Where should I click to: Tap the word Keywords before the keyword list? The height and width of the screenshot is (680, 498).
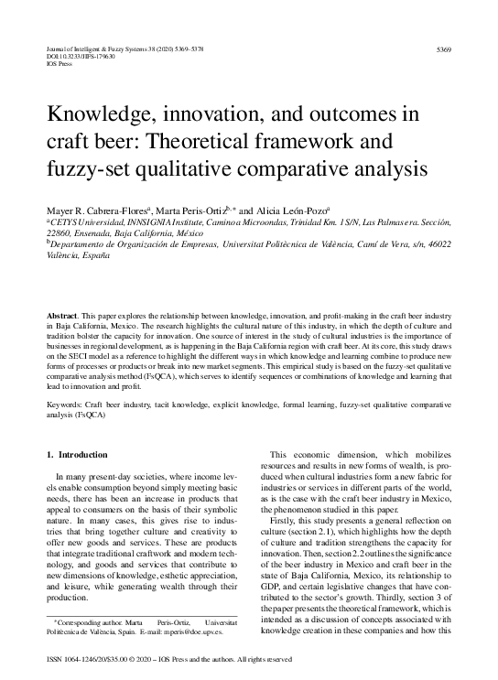65,403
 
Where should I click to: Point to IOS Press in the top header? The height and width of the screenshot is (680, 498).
58,64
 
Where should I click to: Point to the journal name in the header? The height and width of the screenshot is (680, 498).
100,48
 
